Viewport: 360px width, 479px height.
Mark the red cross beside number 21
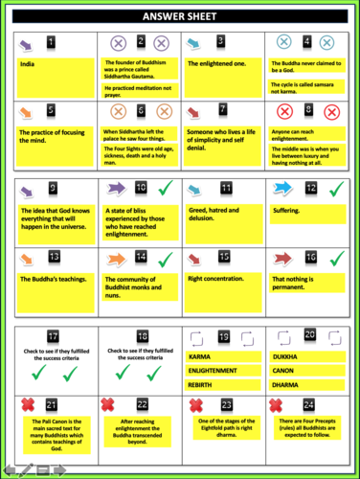(30, 404)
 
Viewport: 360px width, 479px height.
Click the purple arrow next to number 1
(31, 43)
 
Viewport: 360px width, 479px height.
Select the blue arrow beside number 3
(196, 43)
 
